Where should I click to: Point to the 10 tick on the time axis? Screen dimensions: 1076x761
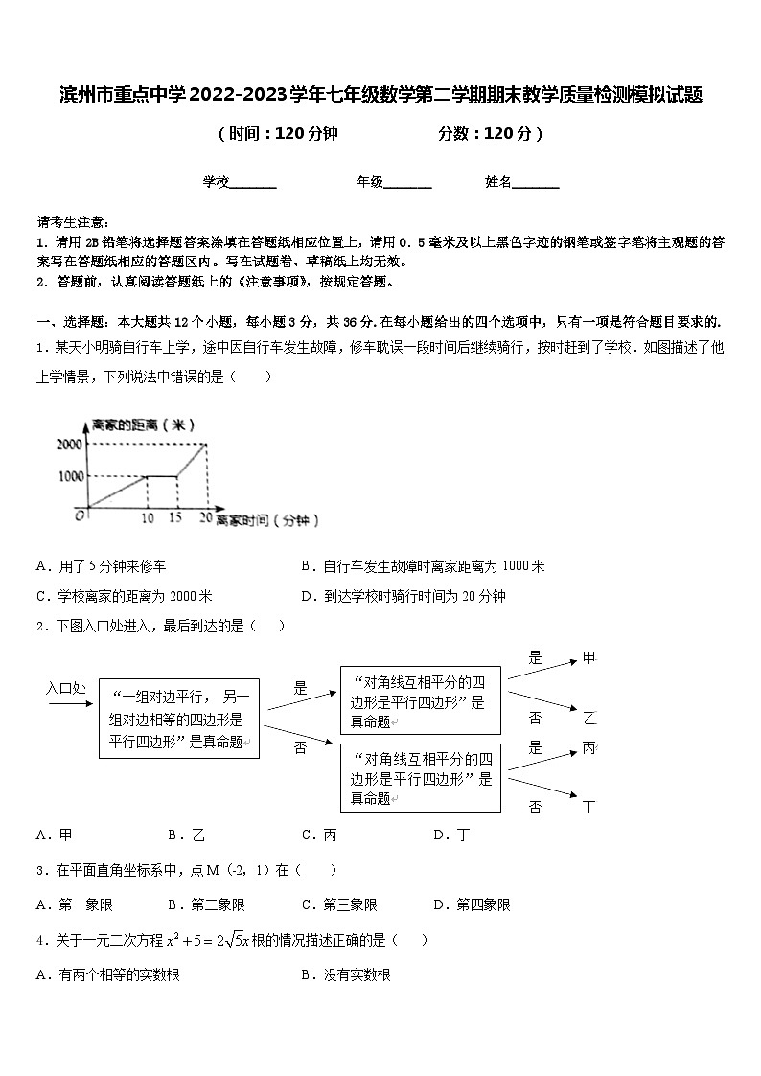(147, 518)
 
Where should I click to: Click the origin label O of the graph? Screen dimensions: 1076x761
(81, 515)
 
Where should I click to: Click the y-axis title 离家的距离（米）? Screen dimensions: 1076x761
(140, 424)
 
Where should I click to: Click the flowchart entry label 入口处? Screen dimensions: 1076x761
(66, 688)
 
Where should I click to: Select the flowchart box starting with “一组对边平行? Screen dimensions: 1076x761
(179, 719)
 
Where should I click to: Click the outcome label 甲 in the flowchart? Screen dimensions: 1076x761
(589, 657)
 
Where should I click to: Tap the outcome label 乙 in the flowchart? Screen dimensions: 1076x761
(589, 718)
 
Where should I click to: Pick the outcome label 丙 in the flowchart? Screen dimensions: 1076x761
(589, 747)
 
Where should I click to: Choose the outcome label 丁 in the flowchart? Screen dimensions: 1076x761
(589, 807)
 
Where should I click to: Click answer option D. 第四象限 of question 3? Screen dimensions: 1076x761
(472, 904)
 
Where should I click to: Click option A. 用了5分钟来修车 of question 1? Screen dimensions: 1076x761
(106, 566)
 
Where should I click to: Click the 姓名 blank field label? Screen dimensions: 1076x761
(498, 181)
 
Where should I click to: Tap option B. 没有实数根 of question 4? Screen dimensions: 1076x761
(345, 975)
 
